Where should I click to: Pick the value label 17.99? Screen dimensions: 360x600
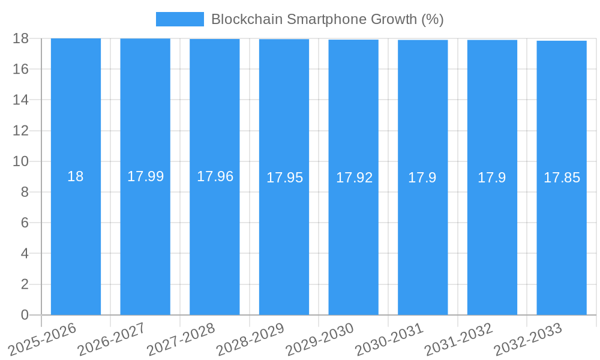[145, 176]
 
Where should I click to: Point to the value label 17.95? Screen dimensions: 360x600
[284, 178]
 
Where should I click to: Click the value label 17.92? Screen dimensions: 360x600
[354, 178]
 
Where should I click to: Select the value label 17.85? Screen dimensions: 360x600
[562, 178]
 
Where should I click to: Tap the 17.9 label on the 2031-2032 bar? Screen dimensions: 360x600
[492, 178]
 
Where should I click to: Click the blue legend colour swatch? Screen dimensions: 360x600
[179, 19]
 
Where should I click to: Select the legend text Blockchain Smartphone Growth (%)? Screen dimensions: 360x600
[328, 19]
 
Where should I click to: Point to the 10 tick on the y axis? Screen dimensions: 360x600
[20, 161]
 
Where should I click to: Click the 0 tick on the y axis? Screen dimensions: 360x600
[25, 315]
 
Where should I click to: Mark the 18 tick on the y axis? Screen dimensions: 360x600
[20, 38]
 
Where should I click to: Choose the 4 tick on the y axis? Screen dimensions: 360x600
[25, 253]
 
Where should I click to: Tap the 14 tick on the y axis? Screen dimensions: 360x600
[20, 100]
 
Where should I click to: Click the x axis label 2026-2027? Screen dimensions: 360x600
[112, 339]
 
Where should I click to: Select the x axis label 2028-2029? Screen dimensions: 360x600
[251, 339]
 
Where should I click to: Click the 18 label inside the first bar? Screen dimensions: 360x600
[76, 176]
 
